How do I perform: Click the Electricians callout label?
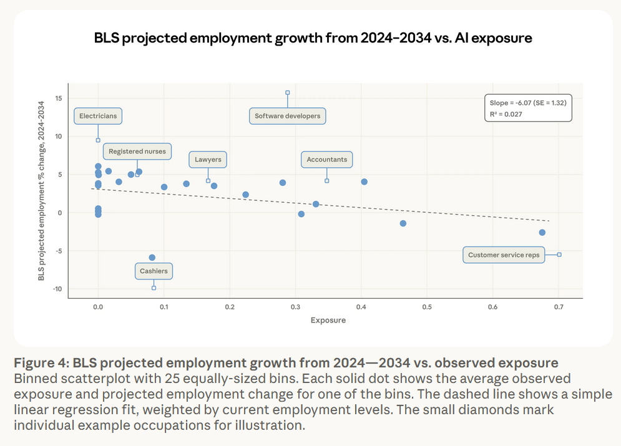coord(98,116)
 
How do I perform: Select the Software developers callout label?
coord(288,116)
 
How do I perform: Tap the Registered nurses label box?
coord(138,152)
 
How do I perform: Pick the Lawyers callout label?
coord(208,160)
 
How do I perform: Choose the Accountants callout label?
coord(326,160)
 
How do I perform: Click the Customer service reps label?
coord(504,255)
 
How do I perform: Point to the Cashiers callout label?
coord(154,271)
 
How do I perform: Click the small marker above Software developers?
coord(288,92)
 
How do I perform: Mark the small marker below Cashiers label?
coord(154,288)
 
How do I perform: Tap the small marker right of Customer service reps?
coord(559,255)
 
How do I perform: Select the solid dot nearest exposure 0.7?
coord(542,232)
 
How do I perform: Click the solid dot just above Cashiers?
coord(152,257)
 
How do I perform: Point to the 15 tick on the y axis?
coord(57,99)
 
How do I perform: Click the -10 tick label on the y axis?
coord(56,289)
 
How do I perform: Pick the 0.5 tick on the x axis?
coord(427,307)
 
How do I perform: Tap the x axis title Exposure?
coord(328,321)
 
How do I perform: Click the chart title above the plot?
coord(313,38)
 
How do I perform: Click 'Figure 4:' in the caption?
coord(41,363)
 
